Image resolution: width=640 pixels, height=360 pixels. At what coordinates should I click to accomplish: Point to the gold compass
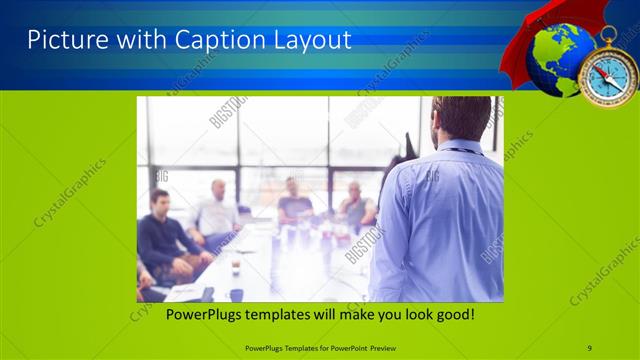(607, 76)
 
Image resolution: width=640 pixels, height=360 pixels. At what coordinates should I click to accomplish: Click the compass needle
(607, 77)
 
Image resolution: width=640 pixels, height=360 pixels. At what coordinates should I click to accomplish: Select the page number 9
(589, 347)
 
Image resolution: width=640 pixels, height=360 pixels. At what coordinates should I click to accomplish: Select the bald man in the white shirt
(215, 210)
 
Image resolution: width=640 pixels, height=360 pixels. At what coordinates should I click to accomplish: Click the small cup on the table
(235, 266)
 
